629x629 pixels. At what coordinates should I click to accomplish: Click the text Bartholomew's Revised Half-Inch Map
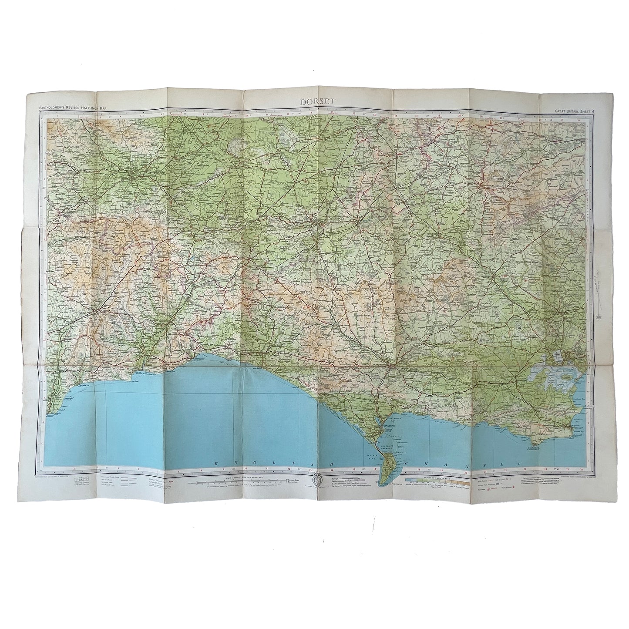[x=73, y=108]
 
